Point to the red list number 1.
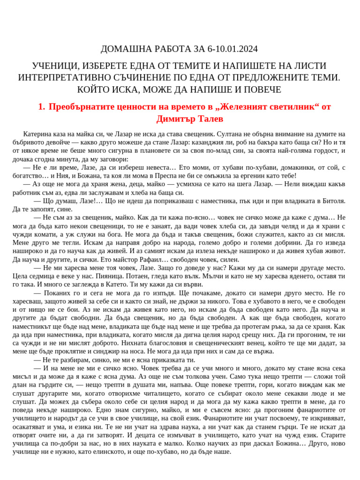[x=41, y=107]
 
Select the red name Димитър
[x=177, y=119]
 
